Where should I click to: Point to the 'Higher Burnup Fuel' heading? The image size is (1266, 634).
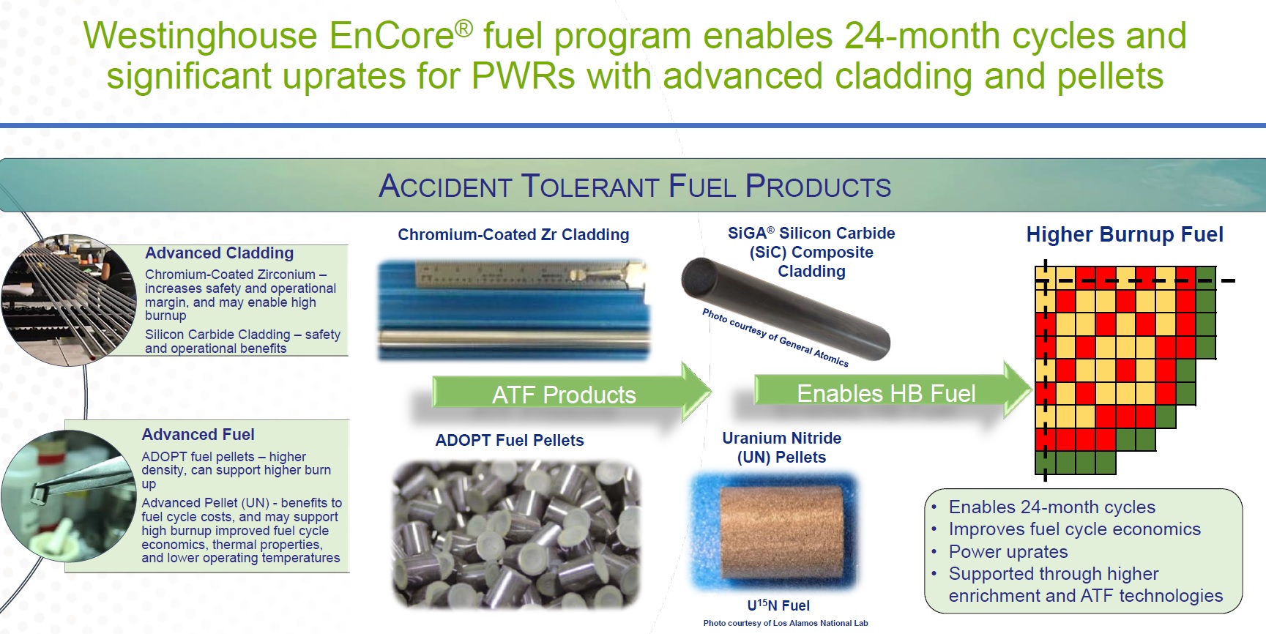click(x=1125, y=234)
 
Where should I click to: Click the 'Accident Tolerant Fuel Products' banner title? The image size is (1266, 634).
click(x=635, y=186)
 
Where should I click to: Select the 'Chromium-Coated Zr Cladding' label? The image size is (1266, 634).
click(x=513, y=235)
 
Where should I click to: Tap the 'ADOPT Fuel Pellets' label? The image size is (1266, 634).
click(x=510, y=441)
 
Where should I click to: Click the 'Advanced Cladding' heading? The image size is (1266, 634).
click(x=220, y=253)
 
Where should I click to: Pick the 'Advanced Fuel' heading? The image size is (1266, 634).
click(x=198, y=435)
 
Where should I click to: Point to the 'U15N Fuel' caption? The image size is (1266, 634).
click(x=778, y=605)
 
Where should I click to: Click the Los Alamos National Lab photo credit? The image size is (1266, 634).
click(x=786, y=624)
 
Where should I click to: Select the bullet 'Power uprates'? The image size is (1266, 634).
click(x=1008, y=552)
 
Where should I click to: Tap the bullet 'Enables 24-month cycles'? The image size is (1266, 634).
click(x=1052, y=507)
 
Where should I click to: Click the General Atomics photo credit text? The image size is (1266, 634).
click(x=775, y=337)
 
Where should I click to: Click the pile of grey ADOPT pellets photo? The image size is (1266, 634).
click(x=516, y=535)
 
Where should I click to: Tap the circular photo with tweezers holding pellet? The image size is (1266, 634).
click(x=59, y=496)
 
